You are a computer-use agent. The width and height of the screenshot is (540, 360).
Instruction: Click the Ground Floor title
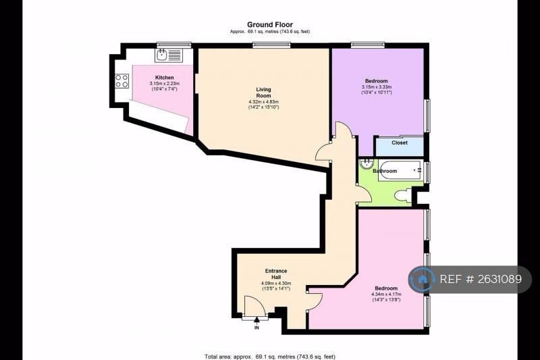[270, 24]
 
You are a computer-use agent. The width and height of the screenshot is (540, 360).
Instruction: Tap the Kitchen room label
[164, 78]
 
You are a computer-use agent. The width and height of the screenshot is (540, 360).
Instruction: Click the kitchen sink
[161, 55]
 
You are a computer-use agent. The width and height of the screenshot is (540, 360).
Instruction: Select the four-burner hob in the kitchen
[122, 80]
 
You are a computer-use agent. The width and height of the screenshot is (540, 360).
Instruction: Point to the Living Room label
[263, 93]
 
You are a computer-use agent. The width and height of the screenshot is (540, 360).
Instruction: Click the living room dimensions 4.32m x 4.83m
[263, 101]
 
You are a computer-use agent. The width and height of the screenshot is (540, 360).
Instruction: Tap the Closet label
[400, 143]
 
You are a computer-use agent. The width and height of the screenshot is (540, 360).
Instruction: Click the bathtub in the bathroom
[400, 170]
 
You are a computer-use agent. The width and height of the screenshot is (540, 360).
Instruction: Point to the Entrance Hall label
[276, 274]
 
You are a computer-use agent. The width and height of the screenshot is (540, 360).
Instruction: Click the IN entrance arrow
[256, 324]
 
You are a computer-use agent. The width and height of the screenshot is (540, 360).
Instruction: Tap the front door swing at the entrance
[255, 305]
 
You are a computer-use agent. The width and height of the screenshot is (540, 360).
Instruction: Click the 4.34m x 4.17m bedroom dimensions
[386, 294]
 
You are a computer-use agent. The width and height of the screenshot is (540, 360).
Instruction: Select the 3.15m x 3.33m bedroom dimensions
[377, 87]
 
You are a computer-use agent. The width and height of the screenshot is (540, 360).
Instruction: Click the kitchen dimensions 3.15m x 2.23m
[164, 83]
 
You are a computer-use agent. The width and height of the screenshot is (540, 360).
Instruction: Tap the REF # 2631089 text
[481, 279]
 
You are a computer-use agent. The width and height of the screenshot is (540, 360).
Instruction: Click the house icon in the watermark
[421, 279]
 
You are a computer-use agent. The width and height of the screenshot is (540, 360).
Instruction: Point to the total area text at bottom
[270, 357]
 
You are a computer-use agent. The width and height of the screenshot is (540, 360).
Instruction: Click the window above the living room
[271, 45]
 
